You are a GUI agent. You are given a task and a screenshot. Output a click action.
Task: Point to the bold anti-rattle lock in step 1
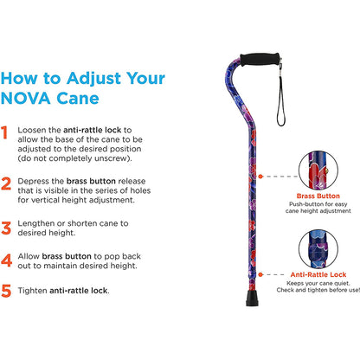pyautogui.click(x=98, y=131)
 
